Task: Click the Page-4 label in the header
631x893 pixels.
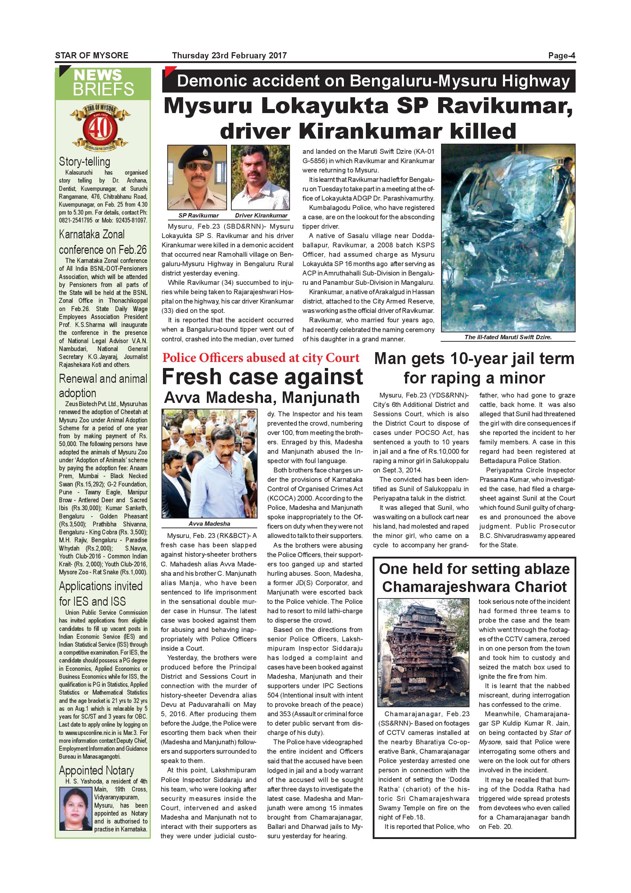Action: [561, 55]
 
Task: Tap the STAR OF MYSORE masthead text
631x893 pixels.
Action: [92, 55]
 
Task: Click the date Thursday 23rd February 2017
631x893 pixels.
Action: [229, 55]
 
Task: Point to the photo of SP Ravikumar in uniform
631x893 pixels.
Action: [197, 178]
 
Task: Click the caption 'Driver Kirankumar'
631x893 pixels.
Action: [261, 215]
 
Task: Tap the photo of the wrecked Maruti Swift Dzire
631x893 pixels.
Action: [508, 238]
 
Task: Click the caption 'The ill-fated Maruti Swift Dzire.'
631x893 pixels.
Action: [508, 337]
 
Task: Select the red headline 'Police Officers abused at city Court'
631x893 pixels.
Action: [261, 358]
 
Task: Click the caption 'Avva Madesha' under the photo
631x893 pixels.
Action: [209, 524]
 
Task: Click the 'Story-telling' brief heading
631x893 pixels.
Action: [84, 161]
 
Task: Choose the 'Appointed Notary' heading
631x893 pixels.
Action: [96, 771]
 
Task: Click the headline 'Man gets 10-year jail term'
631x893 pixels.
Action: [474, 359]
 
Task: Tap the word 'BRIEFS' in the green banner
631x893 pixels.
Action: [103, 89]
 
